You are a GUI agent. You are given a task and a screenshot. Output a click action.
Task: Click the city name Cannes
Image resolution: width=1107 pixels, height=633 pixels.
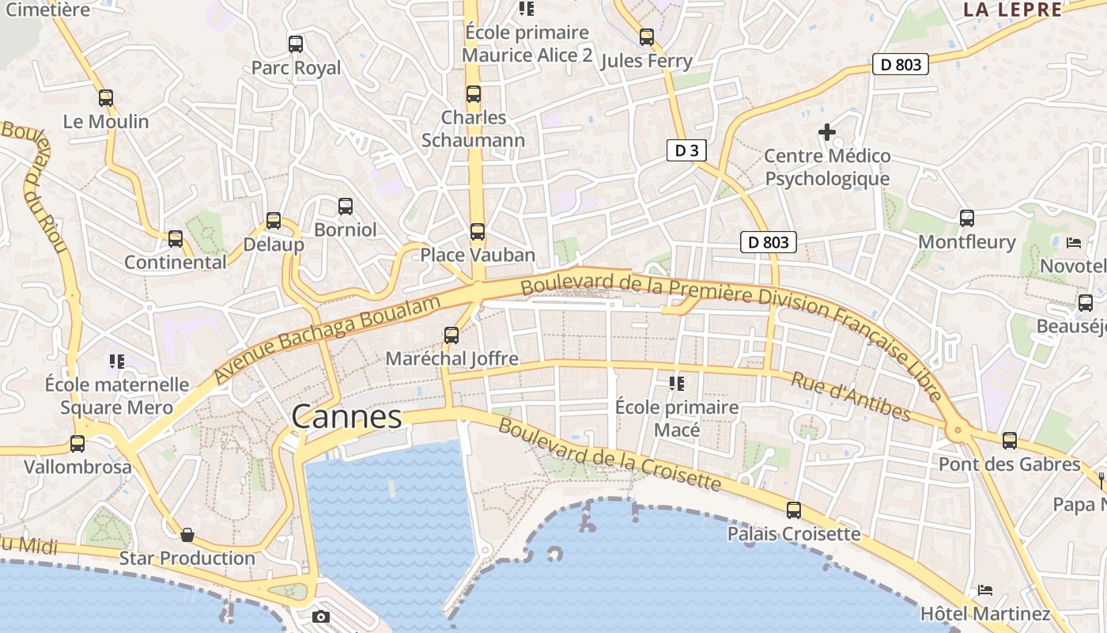coord(346,417)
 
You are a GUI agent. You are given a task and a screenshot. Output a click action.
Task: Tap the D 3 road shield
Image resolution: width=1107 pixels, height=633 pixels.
coord(686,150)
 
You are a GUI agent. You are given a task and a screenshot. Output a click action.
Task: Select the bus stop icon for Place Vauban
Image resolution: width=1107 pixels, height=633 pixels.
coord(477,232)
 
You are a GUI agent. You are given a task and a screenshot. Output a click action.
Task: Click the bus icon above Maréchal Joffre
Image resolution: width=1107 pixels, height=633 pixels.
coord(451,335)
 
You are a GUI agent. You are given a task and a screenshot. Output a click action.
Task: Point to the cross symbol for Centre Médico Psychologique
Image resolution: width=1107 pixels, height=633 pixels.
coord(827,132)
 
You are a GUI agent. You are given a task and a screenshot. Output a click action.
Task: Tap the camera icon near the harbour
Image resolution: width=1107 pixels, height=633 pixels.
coord(321,616)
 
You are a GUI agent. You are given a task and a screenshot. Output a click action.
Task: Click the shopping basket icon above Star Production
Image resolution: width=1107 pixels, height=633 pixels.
coord(187,535)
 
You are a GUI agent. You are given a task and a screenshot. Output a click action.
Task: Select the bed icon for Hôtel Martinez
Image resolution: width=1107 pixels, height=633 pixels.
coord(984,590)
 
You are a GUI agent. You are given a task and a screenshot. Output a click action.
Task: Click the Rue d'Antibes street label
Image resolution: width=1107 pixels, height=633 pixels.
coord(850,396)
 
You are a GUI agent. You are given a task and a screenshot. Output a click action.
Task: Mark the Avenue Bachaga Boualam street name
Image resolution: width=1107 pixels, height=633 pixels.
coord(327,340)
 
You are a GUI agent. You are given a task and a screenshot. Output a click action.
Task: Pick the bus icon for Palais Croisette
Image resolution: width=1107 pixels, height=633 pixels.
coord(794,510)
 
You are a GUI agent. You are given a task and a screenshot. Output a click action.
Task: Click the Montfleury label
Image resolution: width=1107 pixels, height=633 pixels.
coord(966,242)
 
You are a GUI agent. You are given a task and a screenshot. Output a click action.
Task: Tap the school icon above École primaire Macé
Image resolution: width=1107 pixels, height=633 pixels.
coord(677,384)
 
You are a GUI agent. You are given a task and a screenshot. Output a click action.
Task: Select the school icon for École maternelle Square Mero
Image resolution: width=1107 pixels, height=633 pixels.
coord(117,362)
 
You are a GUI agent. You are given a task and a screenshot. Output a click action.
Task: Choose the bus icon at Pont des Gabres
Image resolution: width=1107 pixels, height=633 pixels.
coord(1009,441)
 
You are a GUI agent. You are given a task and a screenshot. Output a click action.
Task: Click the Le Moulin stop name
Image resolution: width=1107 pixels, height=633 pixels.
coord(106,122)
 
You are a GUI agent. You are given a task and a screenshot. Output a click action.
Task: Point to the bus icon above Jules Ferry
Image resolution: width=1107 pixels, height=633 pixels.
coord(647,37)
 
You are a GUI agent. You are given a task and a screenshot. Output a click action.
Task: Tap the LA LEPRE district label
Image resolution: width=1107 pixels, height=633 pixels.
coord(1012,9)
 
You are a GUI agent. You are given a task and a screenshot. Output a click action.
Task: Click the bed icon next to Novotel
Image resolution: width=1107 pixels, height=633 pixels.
coord(1073,242)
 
